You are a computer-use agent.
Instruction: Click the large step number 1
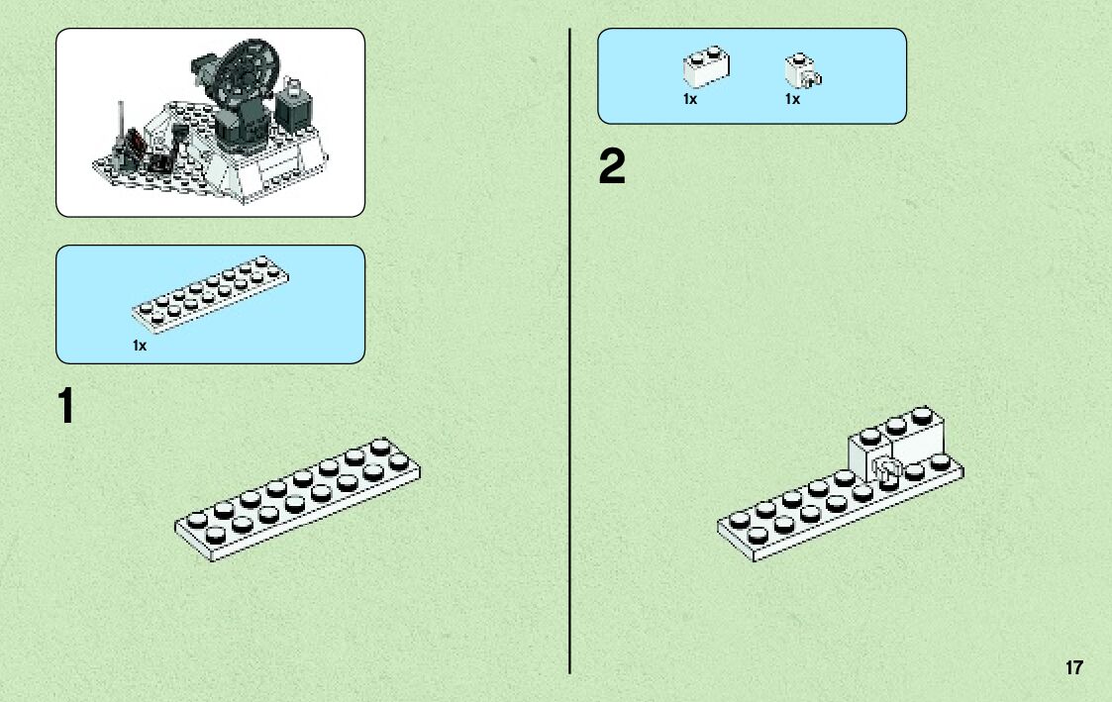65,407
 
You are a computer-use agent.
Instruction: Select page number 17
1073,667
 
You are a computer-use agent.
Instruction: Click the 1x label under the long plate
140,346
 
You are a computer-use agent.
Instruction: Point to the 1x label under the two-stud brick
690,99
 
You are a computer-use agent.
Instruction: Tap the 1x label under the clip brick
792,99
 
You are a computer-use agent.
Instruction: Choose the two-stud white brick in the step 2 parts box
706,67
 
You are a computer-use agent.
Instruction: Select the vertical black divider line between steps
569,347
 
